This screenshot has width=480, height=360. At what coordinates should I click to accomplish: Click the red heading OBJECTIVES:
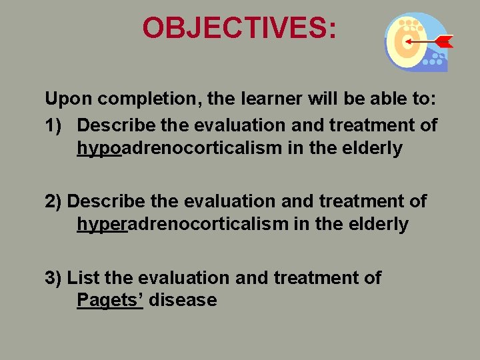pyautogui.click(x=239, y=28)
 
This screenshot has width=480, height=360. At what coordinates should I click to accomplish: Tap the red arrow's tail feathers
pyautogui.click(x=445, y=41)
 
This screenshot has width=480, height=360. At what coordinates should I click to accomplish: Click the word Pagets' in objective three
pyautogui.click(x=110, y=301)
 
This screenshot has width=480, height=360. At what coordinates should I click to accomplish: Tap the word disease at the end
pyautogui.click(x=183, y=301)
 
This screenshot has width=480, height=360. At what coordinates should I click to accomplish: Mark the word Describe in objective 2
pyautogui.click(x=105, y=201)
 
